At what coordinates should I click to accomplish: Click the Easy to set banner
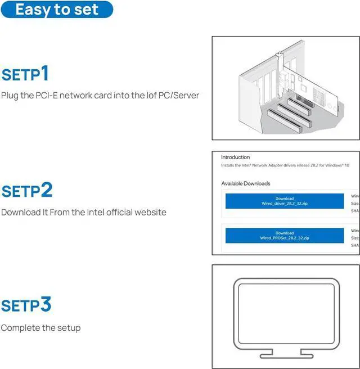57,10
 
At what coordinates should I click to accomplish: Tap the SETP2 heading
27,190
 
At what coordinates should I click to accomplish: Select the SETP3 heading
26,305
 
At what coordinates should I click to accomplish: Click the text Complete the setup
41,327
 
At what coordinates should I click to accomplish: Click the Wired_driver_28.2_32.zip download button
284,201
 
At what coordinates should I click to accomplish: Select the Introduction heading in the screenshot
235,157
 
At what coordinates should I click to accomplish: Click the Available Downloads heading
245,183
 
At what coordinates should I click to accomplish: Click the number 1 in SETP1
45,73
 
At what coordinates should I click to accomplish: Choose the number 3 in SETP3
46,304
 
